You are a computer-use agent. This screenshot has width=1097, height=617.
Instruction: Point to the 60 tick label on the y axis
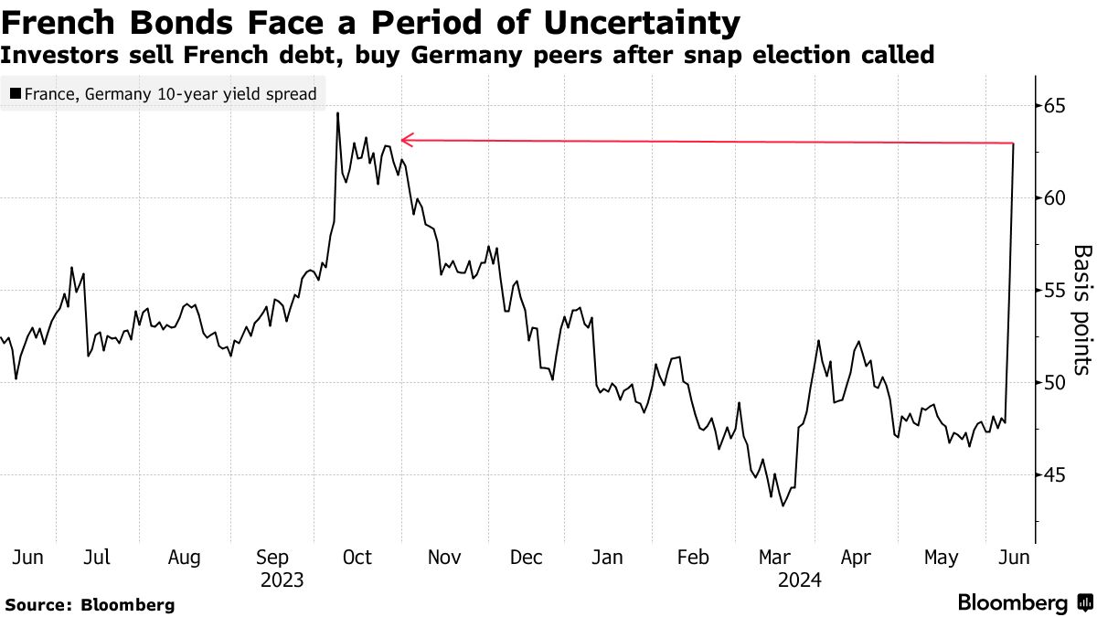coord(1056,197)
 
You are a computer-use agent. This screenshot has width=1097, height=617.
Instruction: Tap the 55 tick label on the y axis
coord(1056,290)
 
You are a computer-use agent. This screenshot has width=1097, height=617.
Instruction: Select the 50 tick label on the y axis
coord(1056,382)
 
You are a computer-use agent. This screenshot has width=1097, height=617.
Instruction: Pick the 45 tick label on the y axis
coord(1056,474)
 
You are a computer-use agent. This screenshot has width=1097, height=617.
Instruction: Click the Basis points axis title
coord(1081,309)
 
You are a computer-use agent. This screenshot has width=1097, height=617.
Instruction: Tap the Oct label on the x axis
coord(357,557)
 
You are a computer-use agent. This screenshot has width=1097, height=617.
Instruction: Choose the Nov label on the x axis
coord(444,557)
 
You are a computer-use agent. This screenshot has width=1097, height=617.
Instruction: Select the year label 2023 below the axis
coord(282,580)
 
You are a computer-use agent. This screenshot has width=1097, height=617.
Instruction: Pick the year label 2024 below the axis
coord(800,580)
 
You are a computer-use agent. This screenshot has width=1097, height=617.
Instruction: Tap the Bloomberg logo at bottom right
coord(1024,603)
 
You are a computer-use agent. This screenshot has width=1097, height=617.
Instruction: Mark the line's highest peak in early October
coord(337,112)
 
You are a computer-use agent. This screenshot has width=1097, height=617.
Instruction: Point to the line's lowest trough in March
coord(783,505)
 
